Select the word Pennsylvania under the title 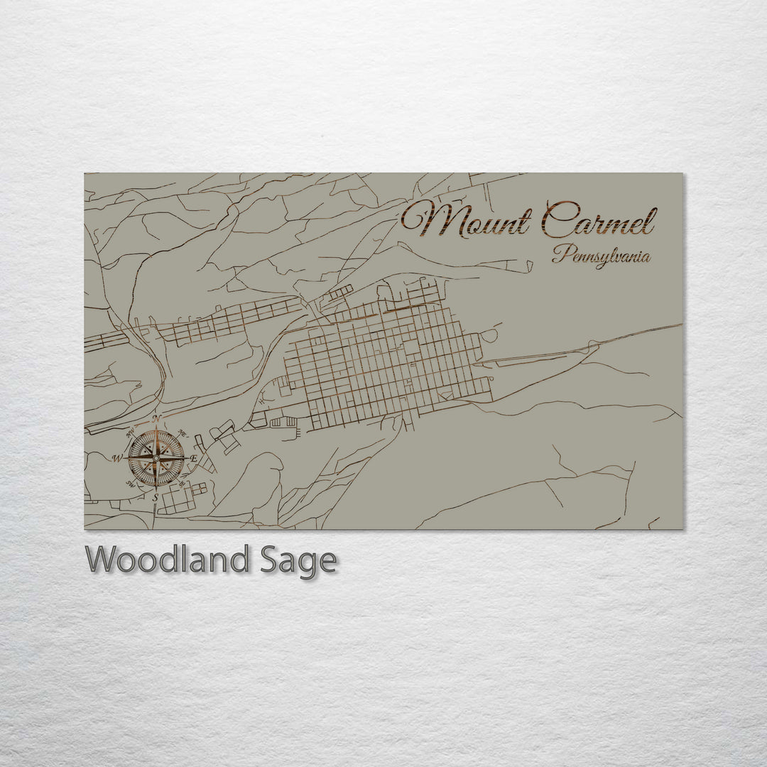(602, 256)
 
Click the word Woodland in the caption (167, 560)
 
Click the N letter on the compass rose (159, 418)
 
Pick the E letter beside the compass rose (194, 459)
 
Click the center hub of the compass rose (156, 458)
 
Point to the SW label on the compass (130, 484)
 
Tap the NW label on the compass (130, 433)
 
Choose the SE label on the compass (183, 484)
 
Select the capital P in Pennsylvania (558, 254)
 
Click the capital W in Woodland (102, 560)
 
